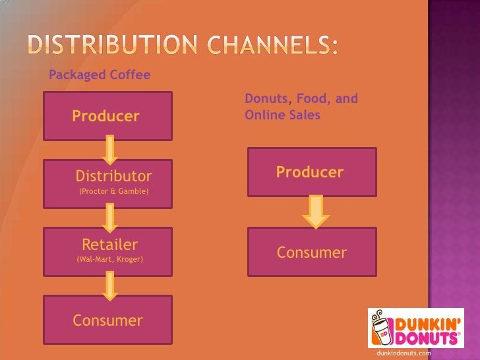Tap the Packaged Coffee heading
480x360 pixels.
(x=100, y=75)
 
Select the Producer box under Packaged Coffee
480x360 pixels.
(x=108, y=116)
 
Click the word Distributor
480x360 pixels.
(x=113, y=176)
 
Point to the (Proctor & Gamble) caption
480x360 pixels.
(x=113, y=192)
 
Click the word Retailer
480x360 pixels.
(x=109, y=245)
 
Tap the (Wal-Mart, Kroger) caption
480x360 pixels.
(x=110, y=260)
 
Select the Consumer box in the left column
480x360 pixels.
(x=108, y=320)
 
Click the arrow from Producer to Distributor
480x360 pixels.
(x=110, y=149)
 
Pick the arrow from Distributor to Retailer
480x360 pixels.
(x=110, y=217)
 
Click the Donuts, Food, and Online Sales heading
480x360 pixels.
(x=301, y=107)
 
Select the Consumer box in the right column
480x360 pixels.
(x=312, y=252)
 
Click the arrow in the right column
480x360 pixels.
(x=316, y=212)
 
